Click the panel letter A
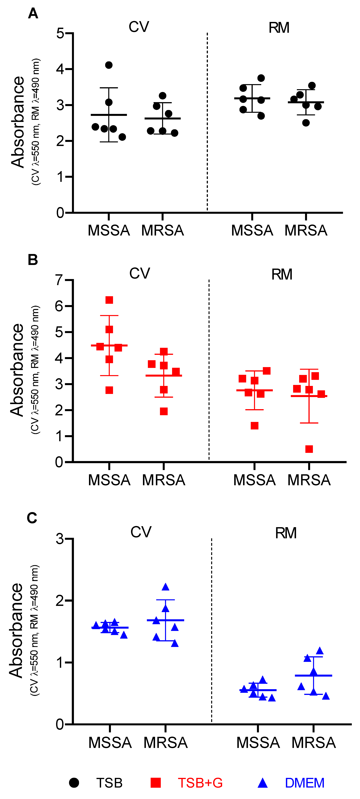33,14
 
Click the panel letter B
33,260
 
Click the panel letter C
32,518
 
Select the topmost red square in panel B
109,300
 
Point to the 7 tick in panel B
60,280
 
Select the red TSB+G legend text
200,783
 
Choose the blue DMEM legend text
305,783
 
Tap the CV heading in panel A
139,27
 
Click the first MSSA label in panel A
109,230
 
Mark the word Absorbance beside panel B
17,370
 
